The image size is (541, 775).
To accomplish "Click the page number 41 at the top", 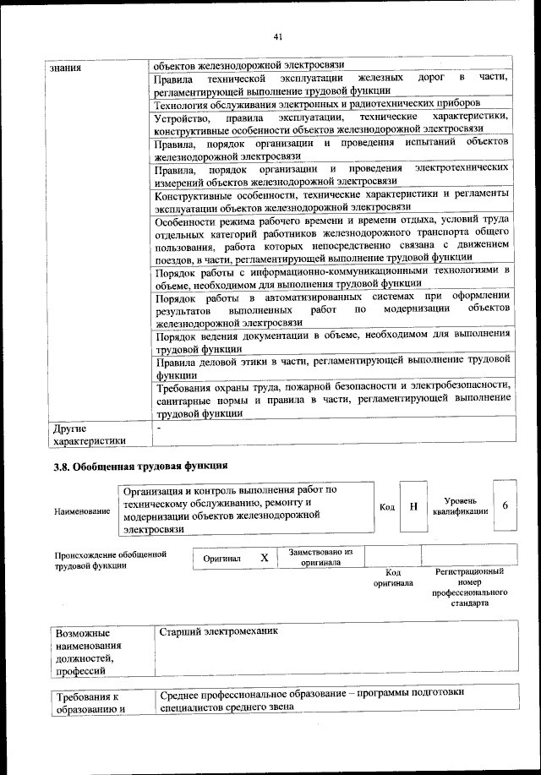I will (x=278, y=35).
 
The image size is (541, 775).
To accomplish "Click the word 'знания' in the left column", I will (x=66, y=67).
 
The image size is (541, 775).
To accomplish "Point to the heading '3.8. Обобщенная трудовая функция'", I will (x=139, y=466).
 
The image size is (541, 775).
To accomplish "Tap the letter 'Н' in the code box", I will (x=413, y=506).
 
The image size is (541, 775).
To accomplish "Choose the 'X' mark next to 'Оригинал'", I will (x=264, y=559).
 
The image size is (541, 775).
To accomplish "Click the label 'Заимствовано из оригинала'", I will (x=320, y=557).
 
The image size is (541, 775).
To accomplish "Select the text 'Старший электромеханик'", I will (x=219, y=631).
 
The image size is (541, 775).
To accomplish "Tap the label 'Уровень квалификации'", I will (x=460, y=506).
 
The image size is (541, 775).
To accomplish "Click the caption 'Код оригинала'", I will (x=392, y=578).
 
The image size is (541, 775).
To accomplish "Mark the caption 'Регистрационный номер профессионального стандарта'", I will (x=469, y=588).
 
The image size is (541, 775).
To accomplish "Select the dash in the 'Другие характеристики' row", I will (x=159, y=428).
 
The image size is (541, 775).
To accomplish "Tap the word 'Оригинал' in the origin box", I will (x=222, y=559).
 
